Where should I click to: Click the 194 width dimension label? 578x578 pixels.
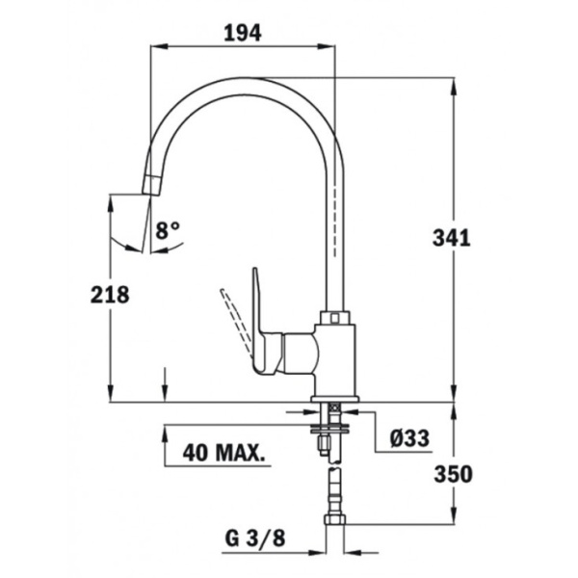[244, 32]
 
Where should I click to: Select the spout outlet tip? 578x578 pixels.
[151, 186]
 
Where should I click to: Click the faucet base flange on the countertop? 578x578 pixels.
[334, 397]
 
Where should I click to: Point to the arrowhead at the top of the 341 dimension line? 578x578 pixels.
[454, 87]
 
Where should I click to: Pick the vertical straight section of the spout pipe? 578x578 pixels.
[333, 231]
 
